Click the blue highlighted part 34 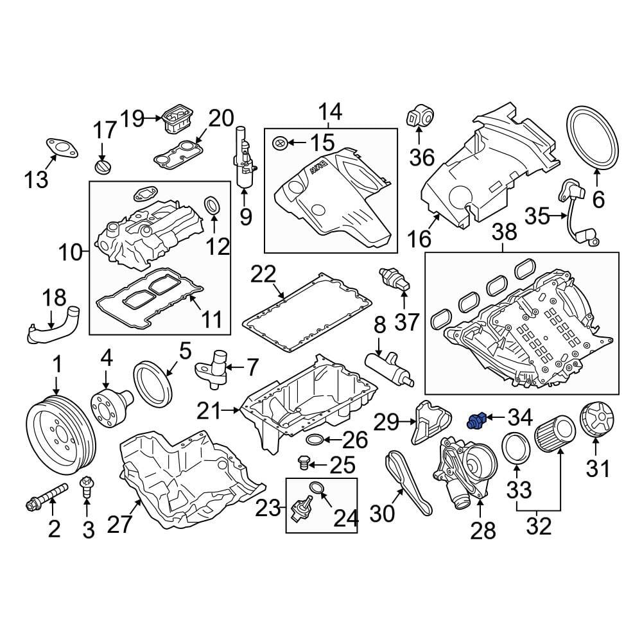pyautogui.click(x=475, y=421)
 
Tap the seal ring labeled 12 pyautogui.click(x=213, y=205)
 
